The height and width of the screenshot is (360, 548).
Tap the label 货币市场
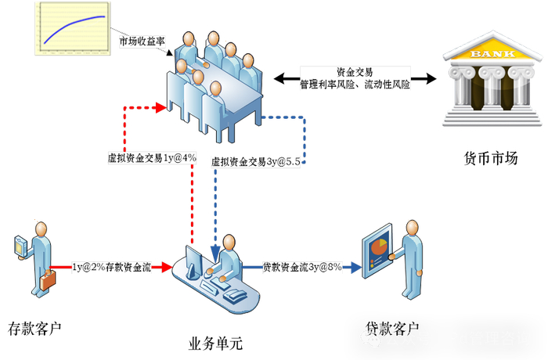point(491,159)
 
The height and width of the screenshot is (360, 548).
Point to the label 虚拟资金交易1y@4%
point(152,157)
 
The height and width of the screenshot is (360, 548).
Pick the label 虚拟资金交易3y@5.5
point(258,162)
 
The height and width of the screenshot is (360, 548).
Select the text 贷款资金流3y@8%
point(301,267)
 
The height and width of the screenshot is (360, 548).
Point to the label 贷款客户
point(392,328)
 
